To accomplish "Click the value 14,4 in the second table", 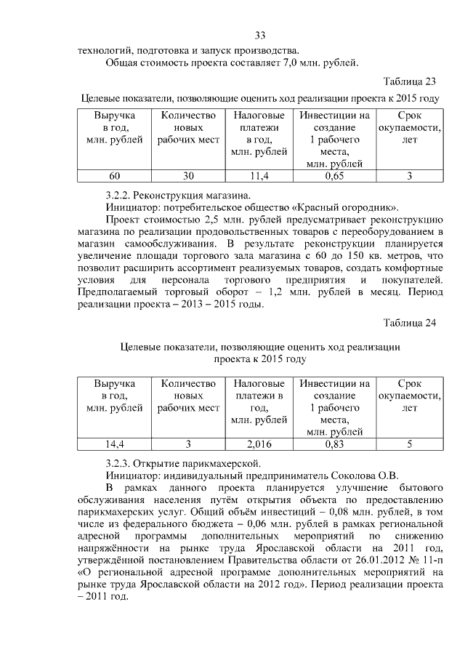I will click(x=115, y=444).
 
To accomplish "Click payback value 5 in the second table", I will click(x=409, y=444).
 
